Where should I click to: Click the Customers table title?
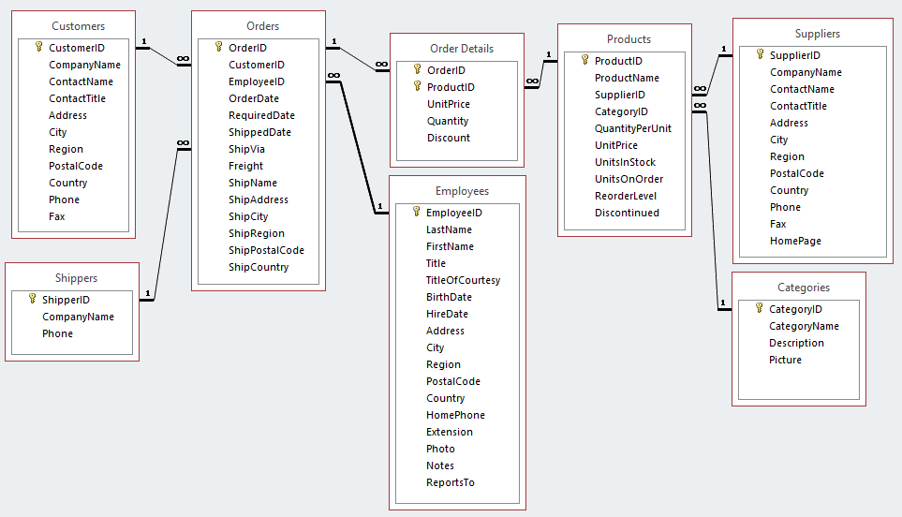pos(79,26)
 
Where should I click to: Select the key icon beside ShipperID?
pos(32,300)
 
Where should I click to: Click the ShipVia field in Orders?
pos(246,149)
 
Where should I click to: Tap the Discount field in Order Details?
pos(448,138)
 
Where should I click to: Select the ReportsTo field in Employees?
pos(450,482)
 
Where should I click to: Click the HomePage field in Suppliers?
pos(795,241)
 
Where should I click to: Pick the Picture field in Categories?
pos(785,360)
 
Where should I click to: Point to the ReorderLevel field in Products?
pos(625,196)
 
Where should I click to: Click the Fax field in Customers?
pos(58,216)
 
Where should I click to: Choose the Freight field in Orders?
pos(245,166)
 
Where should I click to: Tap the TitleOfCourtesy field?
pos(463,280)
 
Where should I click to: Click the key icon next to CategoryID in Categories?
pos(760,308)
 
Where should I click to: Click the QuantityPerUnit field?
pos(632,128)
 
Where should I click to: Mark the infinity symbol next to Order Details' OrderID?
pos(381,64)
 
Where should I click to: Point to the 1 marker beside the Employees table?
pos(380,207)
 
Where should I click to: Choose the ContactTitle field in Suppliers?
pos(798,106)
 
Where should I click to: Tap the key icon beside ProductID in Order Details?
pos(418,86)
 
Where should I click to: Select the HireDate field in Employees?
pos(447,314)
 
